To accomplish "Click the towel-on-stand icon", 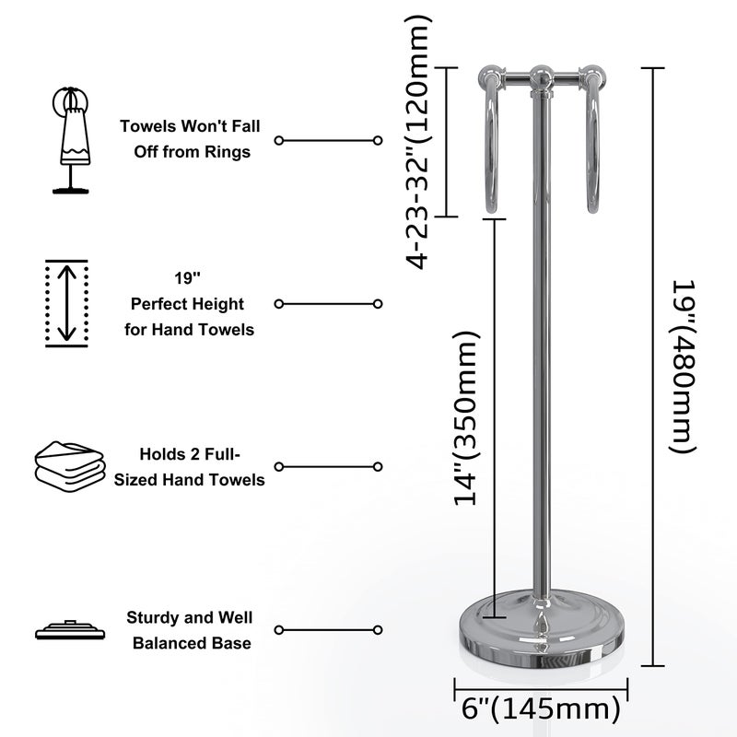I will coord(71,139).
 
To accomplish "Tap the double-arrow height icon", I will coord(66,303).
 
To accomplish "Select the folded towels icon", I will coord(68,466).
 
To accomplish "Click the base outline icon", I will coord(66,631).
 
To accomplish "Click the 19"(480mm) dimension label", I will coord(679,367).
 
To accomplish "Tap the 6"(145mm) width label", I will coord(540,710).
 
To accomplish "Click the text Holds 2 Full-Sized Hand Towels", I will coord(190,466).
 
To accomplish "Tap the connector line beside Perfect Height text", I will coord(328,303).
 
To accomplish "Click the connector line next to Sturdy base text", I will coord(328,630).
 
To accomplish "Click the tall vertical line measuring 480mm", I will coord(653,367).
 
